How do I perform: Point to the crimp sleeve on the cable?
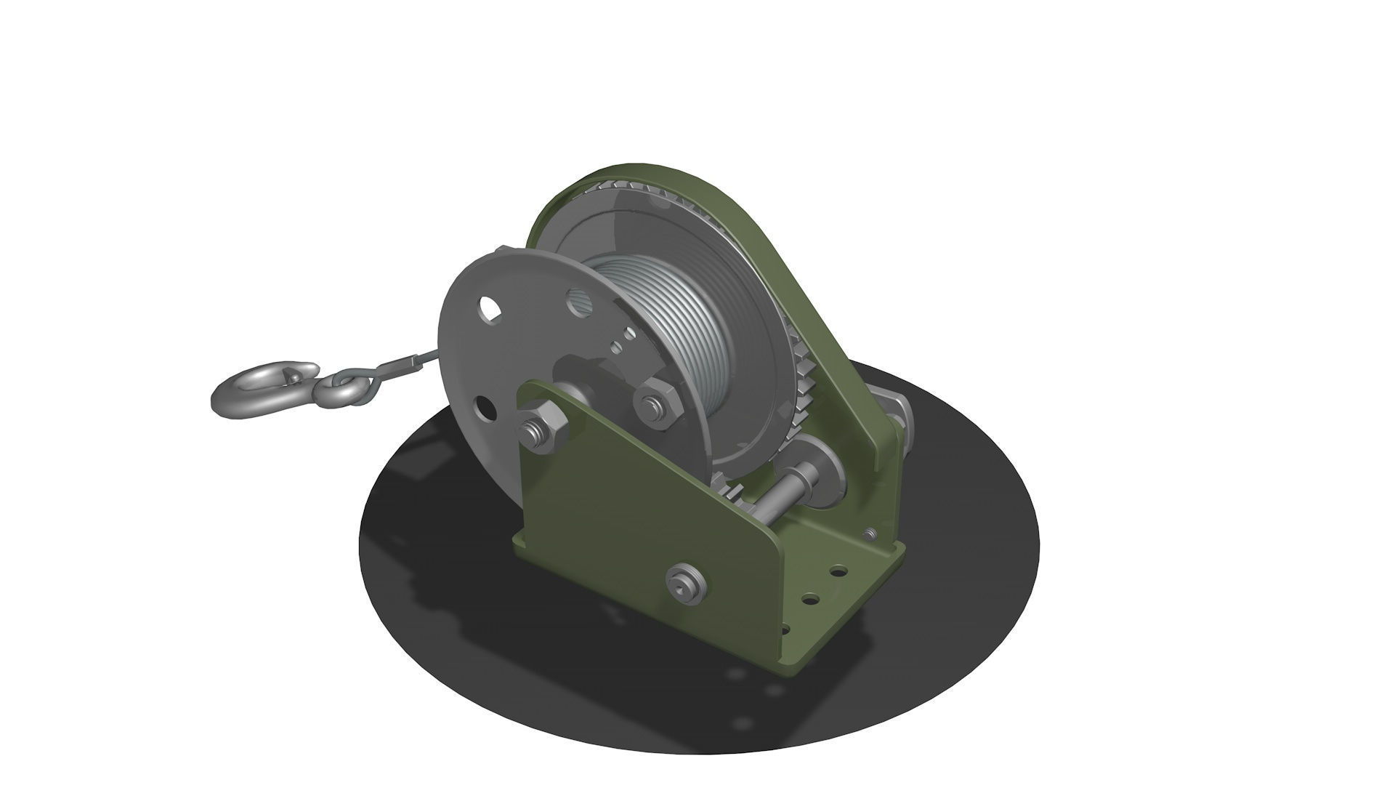pos(404,363)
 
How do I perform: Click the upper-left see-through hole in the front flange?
pos(490,308)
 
